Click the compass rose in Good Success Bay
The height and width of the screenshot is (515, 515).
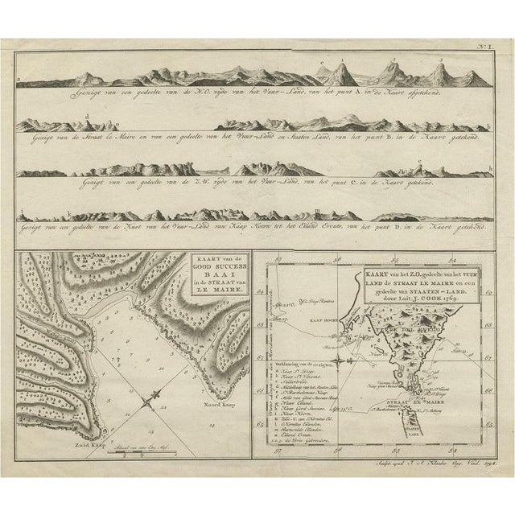click(153, 398)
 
